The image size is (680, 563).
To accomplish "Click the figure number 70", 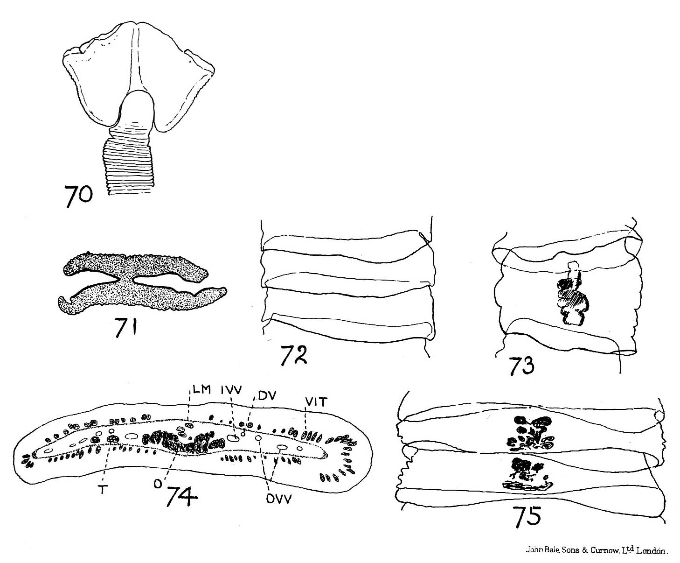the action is click(x=78, y=195).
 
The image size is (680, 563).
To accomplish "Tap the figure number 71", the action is click(x=126, y=327).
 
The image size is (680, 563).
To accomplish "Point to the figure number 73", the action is click(x=522, y=366).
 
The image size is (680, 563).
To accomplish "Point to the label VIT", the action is click(x=316, y=402).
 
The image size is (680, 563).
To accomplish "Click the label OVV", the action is click(x=279, y=499).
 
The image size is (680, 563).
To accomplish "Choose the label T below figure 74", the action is click(x=102, y=489).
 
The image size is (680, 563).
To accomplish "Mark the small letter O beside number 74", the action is click(x=158, y=485).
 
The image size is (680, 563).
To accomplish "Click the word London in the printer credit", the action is click(x=650, y=551).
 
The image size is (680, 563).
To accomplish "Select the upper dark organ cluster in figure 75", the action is click(x=530, y=434).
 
